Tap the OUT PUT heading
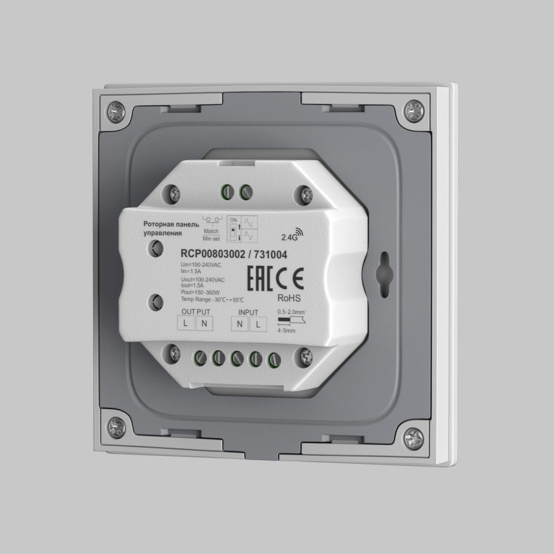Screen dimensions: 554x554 [x=196, y=313]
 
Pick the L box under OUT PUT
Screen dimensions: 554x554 [x=186, y=324]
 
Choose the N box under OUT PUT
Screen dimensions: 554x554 [x=204, y=324]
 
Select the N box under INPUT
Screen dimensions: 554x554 [x=240, y=324]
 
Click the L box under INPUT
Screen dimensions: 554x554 [x=258, y=324]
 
